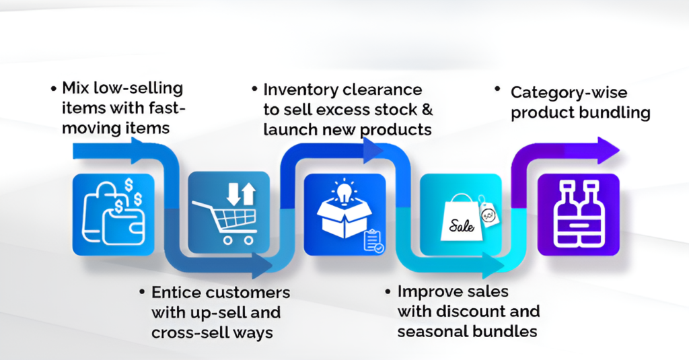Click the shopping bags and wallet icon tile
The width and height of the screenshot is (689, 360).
coord(113,215)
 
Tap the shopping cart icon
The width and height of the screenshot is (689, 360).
coord(225,221)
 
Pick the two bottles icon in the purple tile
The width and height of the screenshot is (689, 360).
coord(578,214)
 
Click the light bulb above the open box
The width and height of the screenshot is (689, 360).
coord(344,192)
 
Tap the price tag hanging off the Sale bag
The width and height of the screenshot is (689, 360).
coord(488,213)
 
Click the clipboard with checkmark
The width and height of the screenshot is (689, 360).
coord(373,242)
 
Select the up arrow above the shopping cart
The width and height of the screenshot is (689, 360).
coord(249,194)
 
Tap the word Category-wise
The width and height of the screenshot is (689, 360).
coord(569,93)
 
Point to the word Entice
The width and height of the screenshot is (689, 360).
coord(176,292)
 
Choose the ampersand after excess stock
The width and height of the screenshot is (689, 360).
coord(427,110)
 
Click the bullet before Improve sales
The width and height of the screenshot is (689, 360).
coord(388,292)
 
